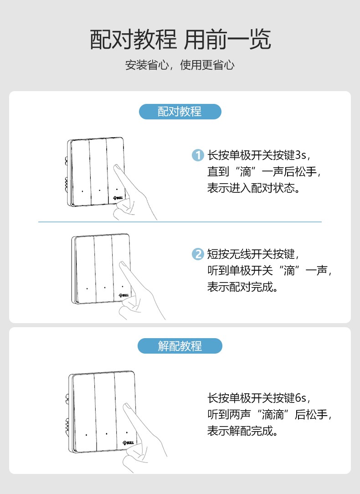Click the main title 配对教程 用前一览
[x=180, y=39]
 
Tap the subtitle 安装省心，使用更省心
[x=180, y=65]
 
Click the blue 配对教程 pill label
[x=180, y=112]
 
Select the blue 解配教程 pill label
[x=180, y=346]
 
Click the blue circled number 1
[x=197, y=155]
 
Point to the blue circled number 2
[x=197, y=254]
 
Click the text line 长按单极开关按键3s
[x=259, y=155]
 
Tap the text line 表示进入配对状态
[x=253, y=188]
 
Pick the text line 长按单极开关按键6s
[x=259, y=398]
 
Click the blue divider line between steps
[x=180, y=222]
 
